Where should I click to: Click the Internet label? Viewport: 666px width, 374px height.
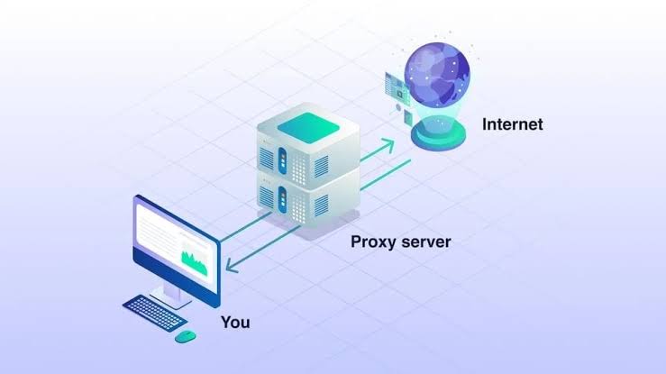pos(513,123)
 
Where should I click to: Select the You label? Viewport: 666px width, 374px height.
pos(235,322)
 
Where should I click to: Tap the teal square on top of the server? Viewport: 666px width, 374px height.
pos(309,122)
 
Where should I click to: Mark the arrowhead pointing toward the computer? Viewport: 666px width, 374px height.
pos(231,267)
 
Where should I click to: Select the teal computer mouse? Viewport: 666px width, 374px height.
pos(185,335)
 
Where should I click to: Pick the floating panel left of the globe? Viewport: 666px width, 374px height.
pos(394,88)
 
